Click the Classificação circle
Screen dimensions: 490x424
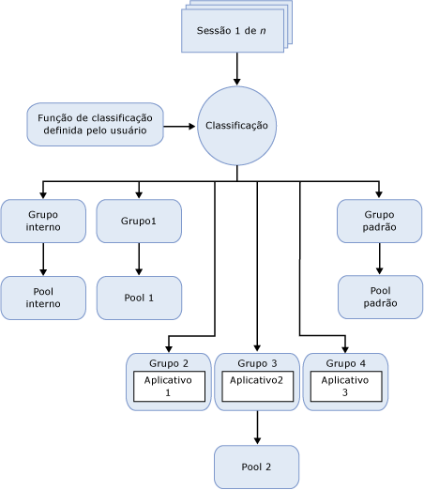[x=236, y=125]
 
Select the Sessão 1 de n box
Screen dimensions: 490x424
[x=231, y=31]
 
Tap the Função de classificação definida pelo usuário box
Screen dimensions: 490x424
[x=96, y=124]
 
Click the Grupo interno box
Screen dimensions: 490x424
[x=43, y=221]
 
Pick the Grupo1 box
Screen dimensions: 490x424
[x=139, y=221]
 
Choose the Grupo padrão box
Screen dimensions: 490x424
[x=379, y=221]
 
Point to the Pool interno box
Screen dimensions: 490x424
[x=43, y=297]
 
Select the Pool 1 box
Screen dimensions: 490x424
[x=139, y=297]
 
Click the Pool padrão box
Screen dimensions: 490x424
[x=379, y=297]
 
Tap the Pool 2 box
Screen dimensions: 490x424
[x=257, y=467]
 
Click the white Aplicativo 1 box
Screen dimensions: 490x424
[x=169, y=387]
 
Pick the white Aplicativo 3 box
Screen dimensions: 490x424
[x=344, y=387]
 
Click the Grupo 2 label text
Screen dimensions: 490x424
[x=169, y=362]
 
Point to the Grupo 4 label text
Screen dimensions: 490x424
[x=344, y=362]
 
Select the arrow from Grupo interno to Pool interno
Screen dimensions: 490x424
[x=43, y=259]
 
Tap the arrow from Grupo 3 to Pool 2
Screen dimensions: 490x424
[x=257, y=428]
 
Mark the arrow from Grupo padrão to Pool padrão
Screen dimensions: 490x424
[x=379, y=259]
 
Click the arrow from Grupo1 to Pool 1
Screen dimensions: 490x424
[x=139, y=259]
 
